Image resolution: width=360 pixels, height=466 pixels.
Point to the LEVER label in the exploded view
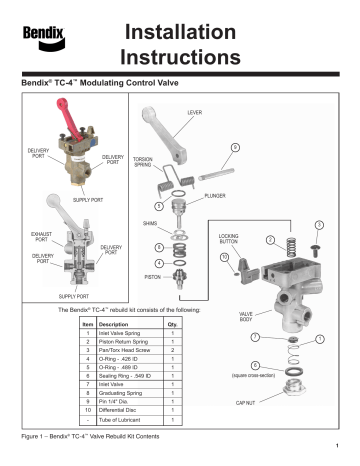[196, 114]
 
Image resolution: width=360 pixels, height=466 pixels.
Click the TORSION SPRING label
[146, 162]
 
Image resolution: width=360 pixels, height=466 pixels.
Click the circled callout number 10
[225, 258]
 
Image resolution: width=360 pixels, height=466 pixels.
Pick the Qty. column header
[174, 325]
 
